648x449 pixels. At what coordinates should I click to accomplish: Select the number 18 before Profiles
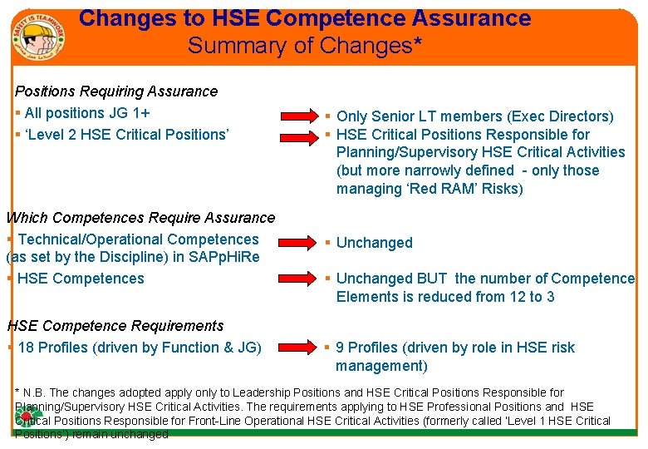click(26, 348)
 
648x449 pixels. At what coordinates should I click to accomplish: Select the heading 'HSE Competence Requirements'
click(115, 326)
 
